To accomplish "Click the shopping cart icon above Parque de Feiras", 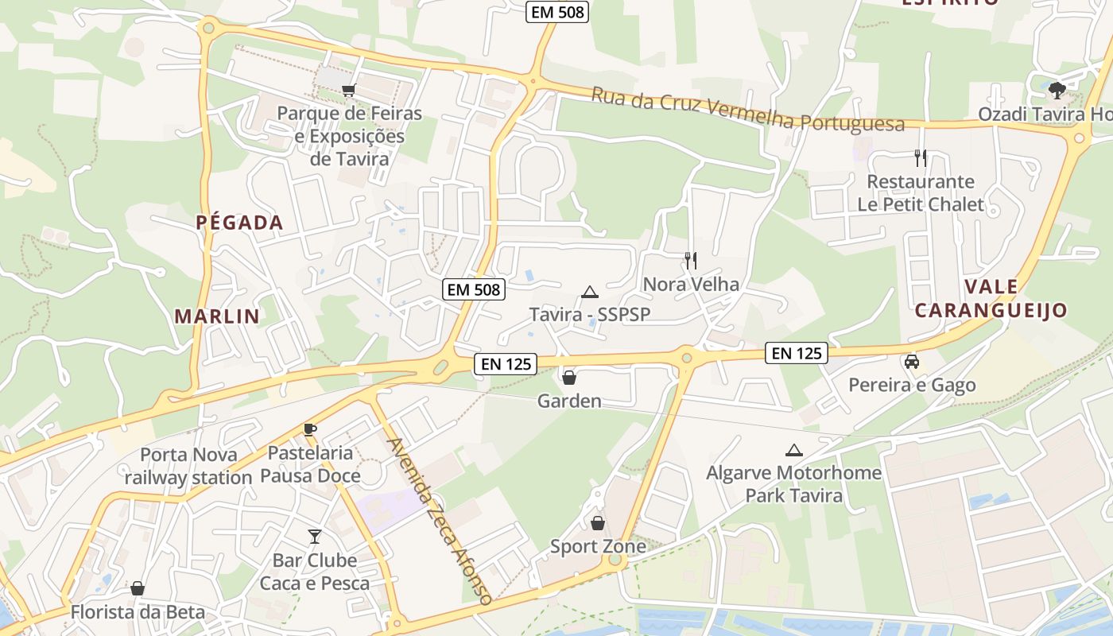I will coord(348,91).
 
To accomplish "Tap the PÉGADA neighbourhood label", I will coord(240,223).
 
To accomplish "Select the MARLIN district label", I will coord(217,316).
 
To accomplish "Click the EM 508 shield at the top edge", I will coord(557,12).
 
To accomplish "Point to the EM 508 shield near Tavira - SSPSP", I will coord(474,289).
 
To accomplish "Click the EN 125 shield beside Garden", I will coord(506,364).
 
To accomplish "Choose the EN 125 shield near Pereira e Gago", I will coord(797,353).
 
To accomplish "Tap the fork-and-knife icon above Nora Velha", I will coord(691,260).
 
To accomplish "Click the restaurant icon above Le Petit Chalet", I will coord(921,157).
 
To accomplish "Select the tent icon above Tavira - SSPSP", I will coord(589,292).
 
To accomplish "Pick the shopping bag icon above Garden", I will coord(569,377).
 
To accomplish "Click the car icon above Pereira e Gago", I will coord(912,362).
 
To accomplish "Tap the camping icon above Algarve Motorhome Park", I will coord(793,450).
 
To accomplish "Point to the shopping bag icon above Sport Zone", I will coord(598,523).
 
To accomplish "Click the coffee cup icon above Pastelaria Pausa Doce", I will coord(310,430).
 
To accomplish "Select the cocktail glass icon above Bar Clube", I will coord(315,537).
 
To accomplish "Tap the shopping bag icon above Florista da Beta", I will coord(138,588).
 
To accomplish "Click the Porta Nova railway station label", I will coord(188,466).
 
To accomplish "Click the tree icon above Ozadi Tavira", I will coord(1057,91).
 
